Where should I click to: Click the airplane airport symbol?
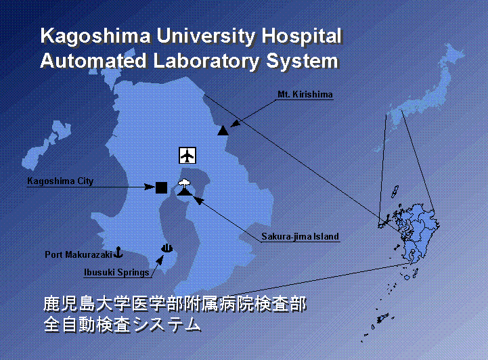click(187, 155)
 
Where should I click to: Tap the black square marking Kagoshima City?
click(161, 187)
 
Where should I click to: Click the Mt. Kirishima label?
click(305, 94)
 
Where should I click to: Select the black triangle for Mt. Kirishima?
click(223, 131)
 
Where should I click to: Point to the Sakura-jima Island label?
click(300, 236)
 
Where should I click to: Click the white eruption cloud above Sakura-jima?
click(185, 183)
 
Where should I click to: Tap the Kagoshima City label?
click(60, 181)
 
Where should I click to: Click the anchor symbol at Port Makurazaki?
click(118, 252)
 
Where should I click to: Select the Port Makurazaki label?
click(79, 254)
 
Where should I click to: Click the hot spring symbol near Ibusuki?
click(167, 248)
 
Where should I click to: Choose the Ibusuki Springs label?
click(116, 273)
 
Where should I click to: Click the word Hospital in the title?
click(301, 37)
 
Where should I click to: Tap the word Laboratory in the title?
click(206, 61)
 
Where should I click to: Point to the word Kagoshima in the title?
click(95, 37)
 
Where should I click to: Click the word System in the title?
click(302, 62)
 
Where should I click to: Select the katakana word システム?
click(167, 325)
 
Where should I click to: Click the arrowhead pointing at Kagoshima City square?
click(150, 187)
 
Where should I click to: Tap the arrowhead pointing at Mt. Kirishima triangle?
click(236, 123)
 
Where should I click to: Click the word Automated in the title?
click(93, 61)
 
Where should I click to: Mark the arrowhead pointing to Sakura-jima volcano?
click(199, 200)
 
